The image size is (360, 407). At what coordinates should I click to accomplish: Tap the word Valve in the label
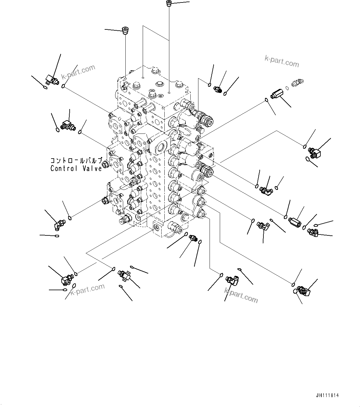[x=92, y=169]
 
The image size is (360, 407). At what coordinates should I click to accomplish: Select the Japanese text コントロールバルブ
[x=76, y=161]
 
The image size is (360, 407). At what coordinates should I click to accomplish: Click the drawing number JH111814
[x=327, y=396]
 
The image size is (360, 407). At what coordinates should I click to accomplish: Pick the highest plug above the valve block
[x=169, y=4]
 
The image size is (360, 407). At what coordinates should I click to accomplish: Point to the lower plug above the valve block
[x=125, y=31]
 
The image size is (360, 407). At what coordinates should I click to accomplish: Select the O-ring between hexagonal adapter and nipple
[x=287, y=88]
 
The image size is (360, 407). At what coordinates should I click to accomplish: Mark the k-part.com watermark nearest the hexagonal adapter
[x=282, y=62]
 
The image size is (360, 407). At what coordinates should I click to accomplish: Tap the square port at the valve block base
[x=157, y=228]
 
